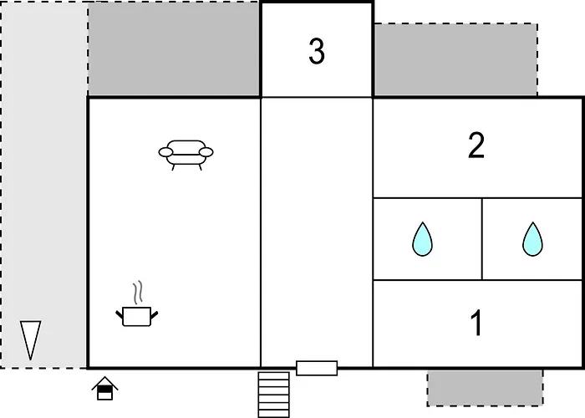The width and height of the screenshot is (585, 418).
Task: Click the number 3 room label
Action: click(x=317, y=52)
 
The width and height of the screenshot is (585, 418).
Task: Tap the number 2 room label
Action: click(x=476, y=145)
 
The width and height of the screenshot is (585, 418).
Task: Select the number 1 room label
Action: click(x=476, y=323)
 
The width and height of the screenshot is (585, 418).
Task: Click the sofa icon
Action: click(x=186, y=155)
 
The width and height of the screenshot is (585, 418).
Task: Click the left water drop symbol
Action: click(x=422, y=239)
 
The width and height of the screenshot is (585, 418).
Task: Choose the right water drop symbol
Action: click(x=532, y=239)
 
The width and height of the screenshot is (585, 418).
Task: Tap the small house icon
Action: click(x=104, y=388)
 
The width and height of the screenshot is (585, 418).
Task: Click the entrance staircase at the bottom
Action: click(x=274, y=395)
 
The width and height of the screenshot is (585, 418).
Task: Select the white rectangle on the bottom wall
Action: click(x=317, y=368)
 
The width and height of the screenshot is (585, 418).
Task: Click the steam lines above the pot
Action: click(x=138, y=292)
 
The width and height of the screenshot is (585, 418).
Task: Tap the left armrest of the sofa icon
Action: click(x=165, y=152)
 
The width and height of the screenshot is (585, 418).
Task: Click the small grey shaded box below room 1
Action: click(x=485, y=388)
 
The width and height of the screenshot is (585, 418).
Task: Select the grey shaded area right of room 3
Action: click(x=455, y=59)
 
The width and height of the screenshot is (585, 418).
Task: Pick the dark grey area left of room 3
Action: click(x=174, y=48)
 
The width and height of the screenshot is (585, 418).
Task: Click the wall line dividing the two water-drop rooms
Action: click(x=482, y=239)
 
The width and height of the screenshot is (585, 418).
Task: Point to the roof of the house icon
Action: click(x=104, y=382)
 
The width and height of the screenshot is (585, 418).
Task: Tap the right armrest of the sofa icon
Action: click(x=206, y=152)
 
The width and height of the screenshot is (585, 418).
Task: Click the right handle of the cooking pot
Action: click(x=154, y=315)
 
